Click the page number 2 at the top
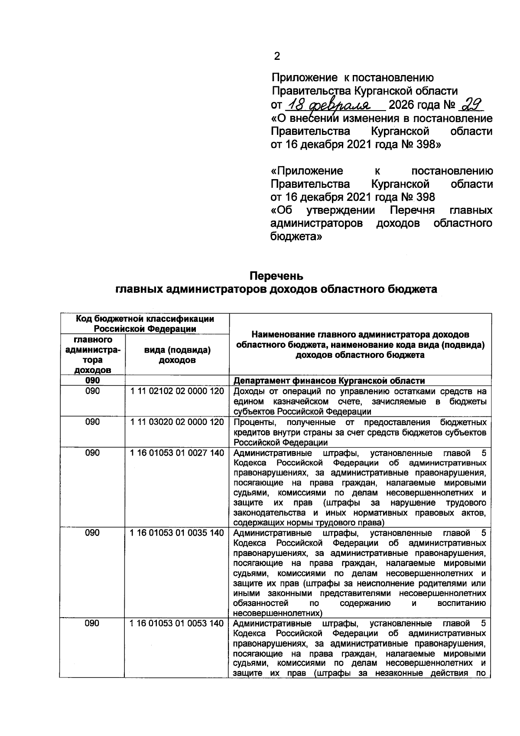coord(277,56)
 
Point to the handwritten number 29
coord(471,105)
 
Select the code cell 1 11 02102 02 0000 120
coord(177,391)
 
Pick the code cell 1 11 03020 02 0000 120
coord(177,422)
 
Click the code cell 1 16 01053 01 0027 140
coord(177,453)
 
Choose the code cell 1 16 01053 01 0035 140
coord(177,533)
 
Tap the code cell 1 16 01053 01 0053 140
coord(177,623)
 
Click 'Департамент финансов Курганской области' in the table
coord(329,381)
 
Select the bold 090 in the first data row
coord(92,380)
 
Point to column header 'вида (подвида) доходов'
coord(177,355)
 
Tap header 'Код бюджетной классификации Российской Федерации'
coord(145,324)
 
